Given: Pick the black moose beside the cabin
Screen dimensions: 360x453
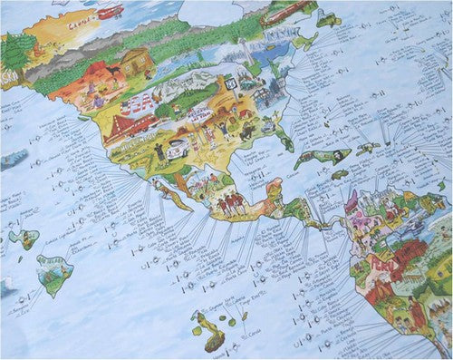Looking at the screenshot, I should [115, 72].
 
